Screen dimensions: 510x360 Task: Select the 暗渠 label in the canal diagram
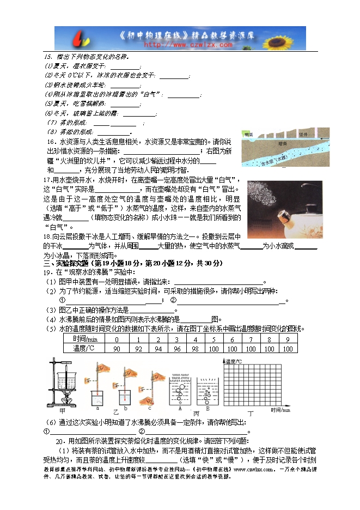pyautogui.click(x=282, y=144)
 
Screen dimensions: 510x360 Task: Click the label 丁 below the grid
pyautogui.click(x=251, y=414)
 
